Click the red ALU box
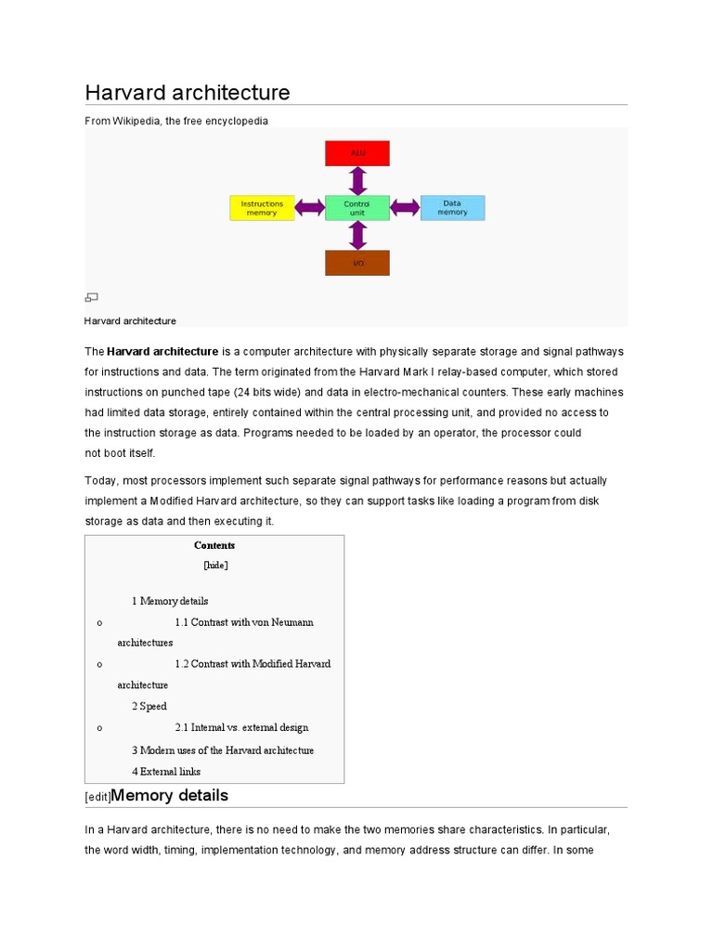click(x=357, y=152)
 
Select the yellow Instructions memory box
click(x=262, y=208)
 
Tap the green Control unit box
click(x=357, y=208)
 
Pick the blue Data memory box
click(x=452, y=208)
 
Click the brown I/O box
click(x=357, y=263)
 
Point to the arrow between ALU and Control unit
click(x=357, y=180)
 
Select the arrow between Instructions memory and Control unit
click(x=310, y=208)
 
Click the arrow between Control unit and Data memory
click(x=405, y=208)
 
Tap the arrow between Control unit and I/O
click(x=357, y=236)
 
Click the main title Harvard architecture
click(x=188, y=93)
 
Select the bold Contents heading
click(x=214, y=545)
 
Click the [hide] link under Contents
click(x=214, y=565)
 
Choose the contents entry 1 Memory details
click(x=170, y=601)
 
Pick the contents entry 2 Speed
click(x=149, y=707)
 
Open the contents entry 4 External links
click(x=166, y=771)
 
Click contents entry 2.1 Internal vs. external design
click(x=241, y=728)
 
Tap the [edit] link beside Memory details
click(x=97, y=797)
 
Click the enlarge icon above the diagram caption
click(x=91, y=297)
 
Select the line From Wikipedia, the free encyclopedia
click(x=176, y=121)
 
